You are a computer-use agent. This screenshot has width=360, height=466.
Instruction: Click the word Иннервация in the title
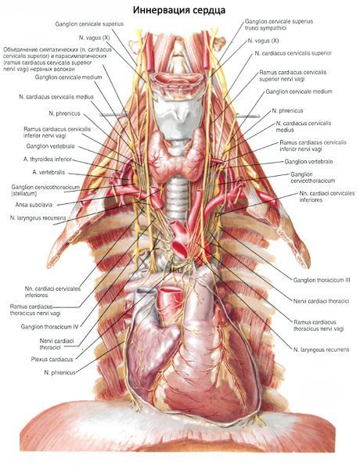[x=157, y=10]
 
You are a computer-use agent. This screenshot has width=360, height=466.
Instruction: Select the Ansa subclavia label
[x=34, y=205]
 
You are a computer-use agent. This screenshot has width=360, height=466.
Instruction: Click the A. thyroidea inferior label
[x=48, y=160]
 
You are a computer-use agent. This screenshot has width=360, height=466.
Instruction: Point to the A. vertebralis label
[x=49, y=172]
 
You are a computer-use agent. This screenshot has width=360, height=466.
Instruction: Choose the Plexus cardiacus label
[x=52, y=360]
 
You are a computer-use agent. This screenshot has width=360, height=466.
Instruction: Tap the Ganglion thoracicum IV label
[x=49, y=327]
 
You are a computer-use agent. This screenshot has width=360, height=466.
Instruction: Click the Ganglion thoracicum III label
[x=322, y=280]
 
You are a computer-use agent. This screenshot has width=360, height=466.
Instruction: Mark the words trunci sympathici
[x=265, y=28]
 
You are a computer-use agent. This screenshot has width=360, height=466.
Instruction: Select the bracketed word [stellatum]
[x=24, y=194]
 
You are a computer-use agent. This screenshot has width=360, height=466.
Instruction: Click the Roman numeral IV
[x=76, y=327]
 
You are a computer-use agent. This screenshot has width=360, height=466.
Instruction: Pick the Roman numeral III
[x=347, y=280]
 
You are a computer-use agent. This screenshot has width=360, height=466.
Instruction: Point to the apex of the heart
[x=238, y=418]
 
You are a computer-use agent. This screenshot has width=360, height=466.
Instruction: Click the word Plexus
[x=40, y=360]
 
